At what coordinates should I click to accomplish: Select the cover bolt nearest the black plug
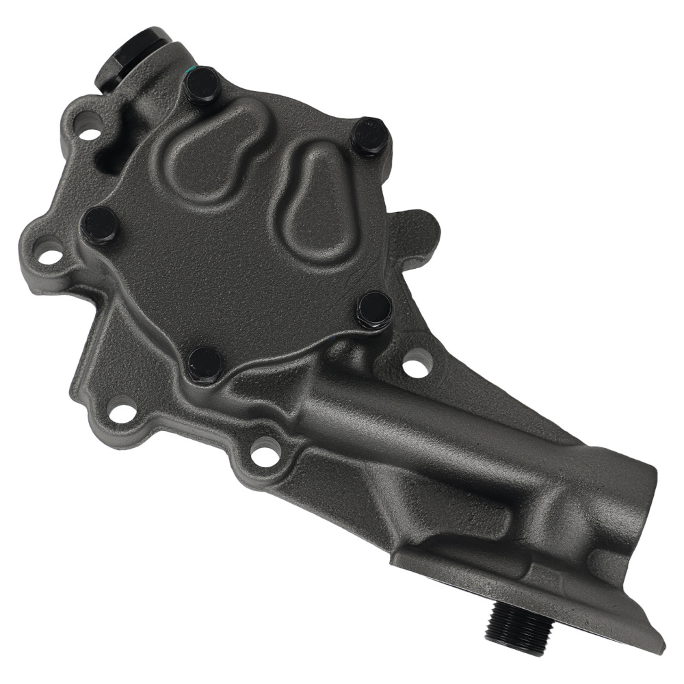pyautogui.click(x=203, y=85)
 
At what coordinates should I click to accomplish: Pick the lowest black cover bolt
pyautogui.click(x=205, y=363)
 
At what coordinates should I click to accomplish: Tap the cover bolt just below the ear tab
pyautogui.click(x=374, y=309)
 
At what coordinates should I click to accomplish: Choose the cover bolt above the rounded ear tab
pyautogui.click(x=370, y=137)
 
